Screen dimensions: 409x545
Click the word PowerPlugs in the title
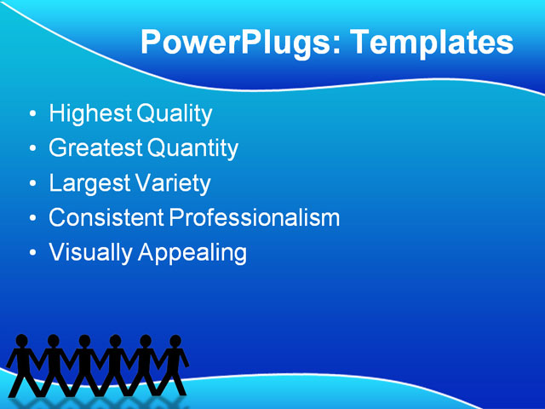point(238,43)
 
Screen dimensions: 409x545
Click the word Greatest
point(96,148)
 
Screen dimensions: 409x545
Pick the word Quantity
point(192,149)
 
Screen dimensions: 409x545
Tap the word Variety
point(173,183)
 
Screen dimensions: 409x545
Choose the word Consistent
point(106,218)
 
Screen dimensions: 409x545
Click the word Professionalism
point(255,218)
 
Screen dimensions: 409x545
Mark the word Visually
point(89,253)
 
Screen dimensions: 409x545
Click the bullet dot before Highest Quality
point(32,114)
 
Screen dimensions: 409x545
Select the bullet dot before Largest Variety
point(32,184)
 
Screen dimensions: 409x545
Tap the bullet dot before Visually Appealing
point(32,254)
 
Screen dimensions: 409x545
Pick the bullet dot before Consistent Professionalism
point(32,219)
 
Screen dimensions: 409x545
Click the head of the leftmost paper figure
point(22,342)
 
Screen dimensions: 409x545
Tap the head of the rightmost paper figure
point(175,342)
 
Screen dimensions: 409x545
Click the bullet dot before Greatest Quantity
point(32,149)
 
